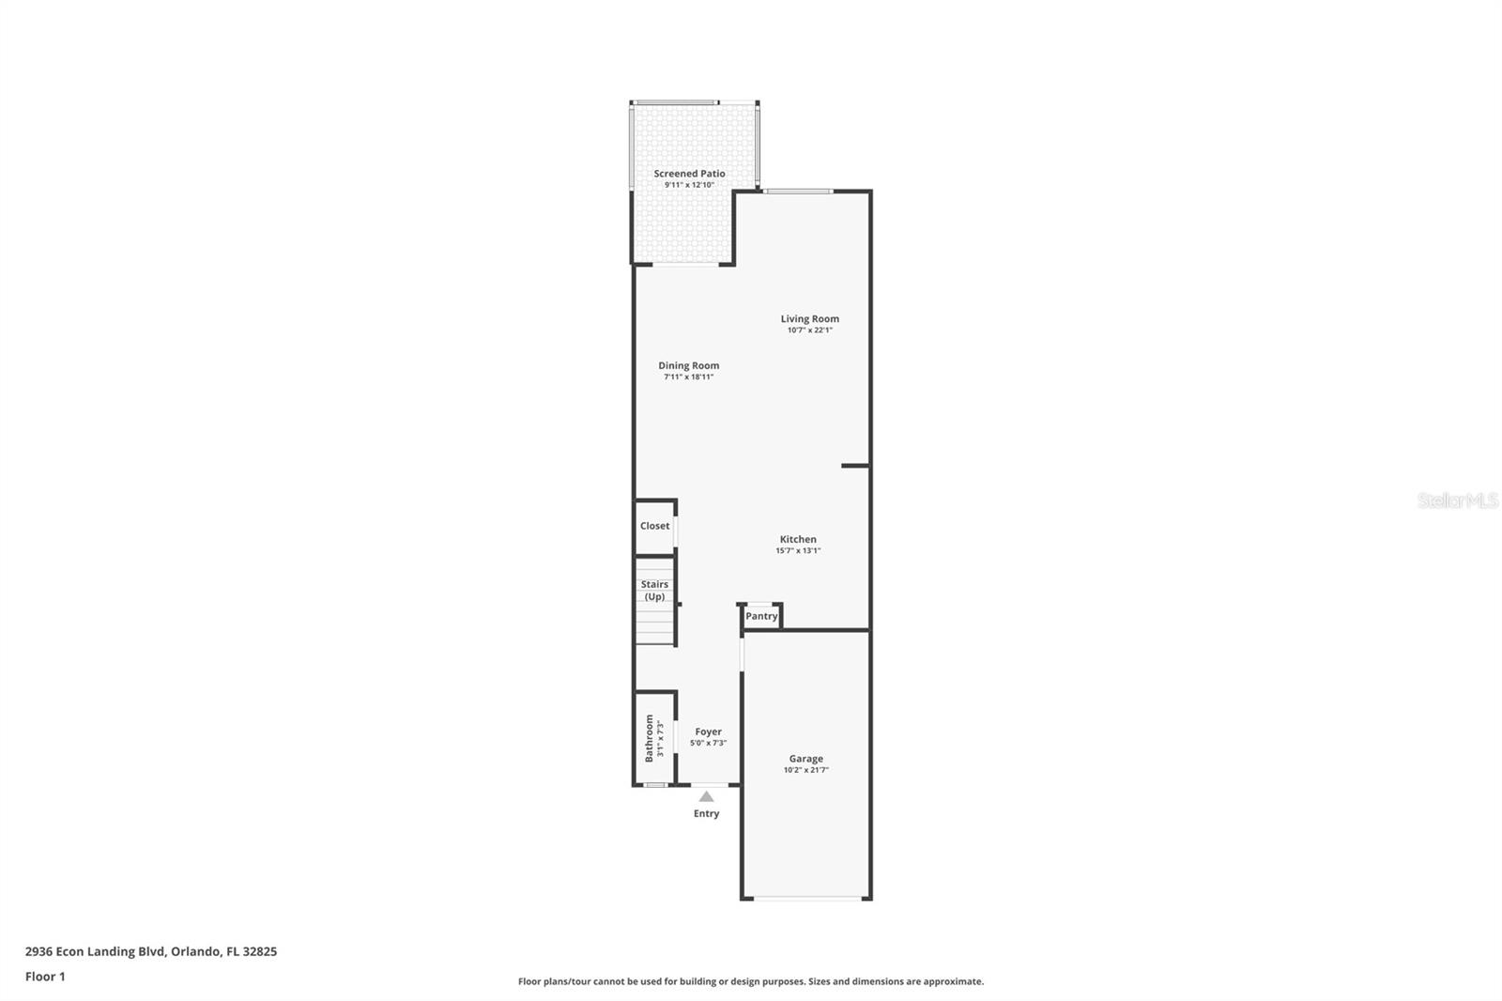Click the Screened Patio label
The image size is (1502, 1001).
(689, 174)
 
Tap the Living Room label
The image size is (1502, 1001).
(809, 319)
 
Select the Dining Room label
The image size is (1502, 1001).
(688, 366)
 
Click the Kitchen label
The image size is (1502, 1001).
(798, 539)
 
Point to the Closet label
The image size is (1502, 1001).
(654, 526)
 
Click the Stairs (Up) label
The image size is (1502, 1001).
(654, 590)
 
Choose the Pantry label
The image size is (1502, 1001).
(761, 616)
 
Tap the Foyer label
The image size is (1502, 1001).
(708, 731)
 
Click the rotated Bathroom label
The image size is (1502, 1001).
(649, 738)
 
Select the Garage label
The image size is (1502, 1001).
(805, 759)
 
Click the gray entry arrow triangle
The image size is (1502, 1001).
(706, 796)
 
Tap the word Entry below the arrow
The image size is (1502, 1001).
(706, 813)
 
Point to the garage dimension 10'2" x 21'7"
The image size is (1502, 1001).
(805, 770)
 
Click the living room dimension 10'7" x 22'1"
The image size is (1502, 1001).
(809, 331)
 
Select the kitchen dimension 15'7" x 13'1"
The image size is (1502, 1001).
(798, 551)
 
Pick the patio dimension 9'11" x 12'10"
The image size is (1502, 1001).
(689, 185)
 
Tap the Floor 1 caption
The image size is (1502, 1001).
(45, 977)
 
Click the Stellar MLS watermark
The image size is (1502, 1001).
(1457, 501)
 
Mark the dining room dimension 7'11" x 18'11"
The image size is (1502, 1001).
(688, 377)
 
